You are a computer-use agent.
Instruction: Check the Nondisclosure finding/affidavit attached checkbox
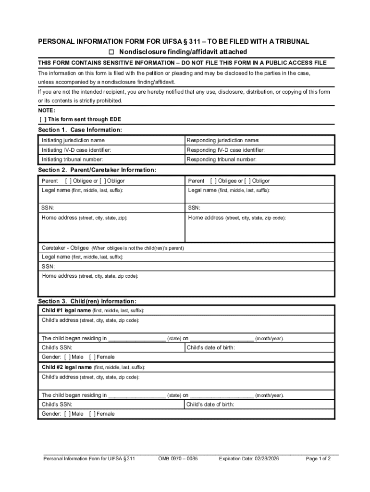point(111,52)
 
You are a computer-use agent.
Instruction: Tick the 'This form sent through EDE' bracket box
point(43,119)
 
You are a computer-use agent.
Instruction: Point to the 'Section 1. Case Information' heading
point(80,130)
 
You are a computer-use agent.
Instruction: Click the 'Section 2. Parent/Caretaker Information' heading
point(97,170)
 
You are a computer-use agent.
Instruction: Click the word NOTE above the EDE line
point(47,111)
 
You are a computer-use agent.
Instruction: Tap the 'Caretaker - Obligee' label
point(65,248)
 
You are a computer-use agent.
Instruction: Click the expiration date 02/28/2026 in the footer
point(248,459)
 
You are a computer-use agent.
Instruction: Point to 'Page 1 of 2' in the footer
point(318,459)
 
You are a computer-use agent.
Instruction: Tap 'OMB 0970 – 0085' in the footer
point(178,459)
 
